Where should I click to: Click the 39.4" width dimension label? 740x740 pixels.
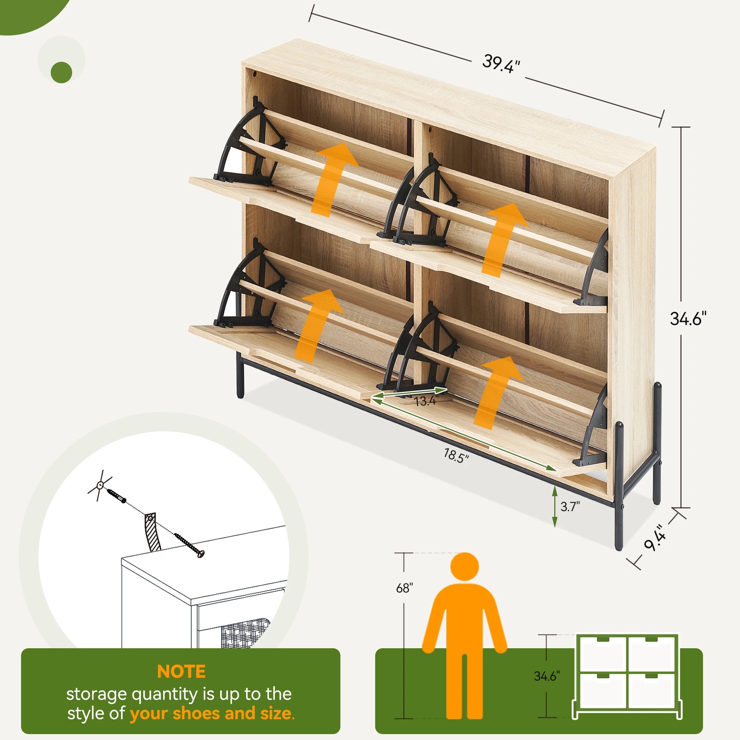[501, 64]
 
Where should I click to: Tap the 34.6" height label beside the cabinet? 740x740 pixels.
[688, 319]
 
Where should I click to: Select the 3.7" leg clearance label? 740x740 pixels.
[570, 507]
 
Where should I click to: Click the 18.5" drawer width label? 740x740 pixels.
[456, 456]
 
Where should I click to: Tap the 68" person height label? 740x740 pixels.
[405, 588]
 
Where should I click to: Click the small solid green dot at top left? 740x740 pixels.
[61, 72]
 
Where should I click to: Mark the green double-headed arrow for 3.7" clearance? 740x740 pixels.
[554, 507]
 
